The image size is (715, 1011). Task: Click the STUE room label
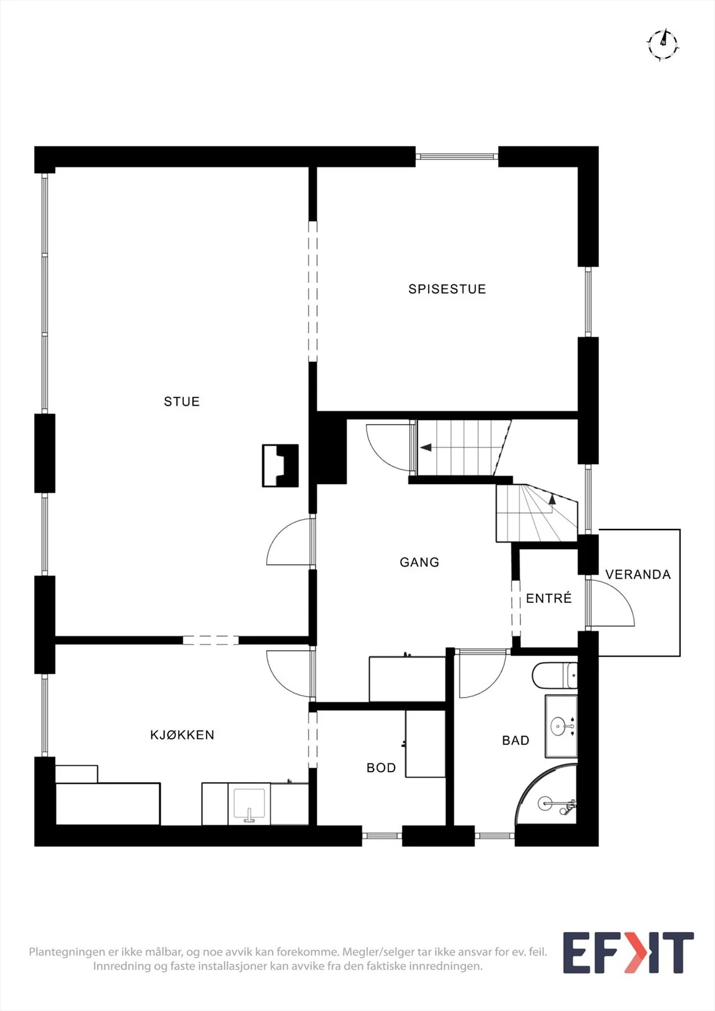click(181, 401)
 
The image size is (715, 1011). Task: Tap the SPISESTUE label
click(447, 289)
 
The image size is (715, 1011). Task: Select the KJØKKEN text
click(182, 735)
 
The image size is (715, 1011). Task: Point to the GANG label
click(419, 562)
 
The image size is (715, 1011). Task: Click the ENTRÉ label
click(549, 598)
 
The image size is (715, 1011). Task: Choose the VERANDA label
click(638, 574)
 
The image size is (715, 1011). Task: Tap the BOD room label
click(381, 768)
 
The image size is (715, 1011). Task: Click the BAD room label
click(515, 740)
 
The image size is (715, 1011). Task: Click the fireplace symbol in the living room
click(281, 465)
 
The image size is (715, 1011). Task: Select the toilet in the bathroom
click(554, 675)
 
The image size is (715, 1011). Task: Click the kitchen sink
click(249, 804)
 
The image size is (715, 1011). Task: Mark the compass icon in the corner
click(663, 45)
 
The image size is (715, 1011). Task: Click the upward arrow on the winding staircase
click(551, 499)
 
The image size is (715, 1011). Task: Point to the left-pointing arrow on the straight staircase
click(426, 447)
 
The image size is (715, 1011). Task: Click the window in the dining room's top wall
click(456, 157)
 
